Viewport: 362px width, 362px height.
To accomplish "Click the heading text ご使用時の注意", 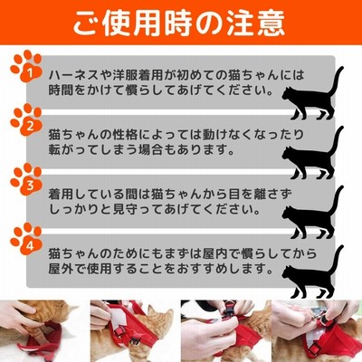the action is pyautogui.click(x=179, y=24).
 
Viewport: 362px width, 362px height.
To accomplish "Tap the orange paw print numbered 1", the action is pyautogui.click(x=26, y=66).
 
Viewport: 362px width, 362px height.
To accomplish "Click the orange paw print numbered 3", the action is pyautogui.click(x=26, y=179).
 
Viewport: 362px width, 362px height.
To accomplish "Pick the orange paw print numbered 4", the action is pyautogui.click(x=26, y=239).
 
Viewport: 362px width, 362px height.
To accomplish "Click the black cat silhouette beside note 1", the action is pyautogui.click(x=312, y=93).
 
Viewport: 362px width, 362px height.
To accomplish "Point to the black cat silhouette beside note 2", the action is pyautogui.click(x=312, y=153).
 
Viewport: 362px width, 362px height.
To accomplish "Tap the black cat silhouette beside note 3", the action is pyautogui.click(x=312, y=213).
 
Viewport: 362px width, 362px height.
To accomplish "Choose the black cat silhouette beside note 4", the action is pyautogui.click(x=312, y=272).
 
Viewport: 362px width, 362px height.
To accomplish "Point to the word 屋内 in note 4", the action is pyautogui.click(x=214, y=253).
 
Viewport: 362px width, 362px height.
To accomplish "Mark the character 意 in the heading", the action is pyautogui.click(x=271, y=24).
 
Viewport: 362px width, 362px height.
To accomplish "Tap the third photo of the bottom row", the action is pyautogui.click(x=226, y=331).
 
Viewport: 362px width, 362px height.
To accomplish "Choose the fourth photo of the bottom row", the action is pyautogui.click(x=317, y=331).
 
